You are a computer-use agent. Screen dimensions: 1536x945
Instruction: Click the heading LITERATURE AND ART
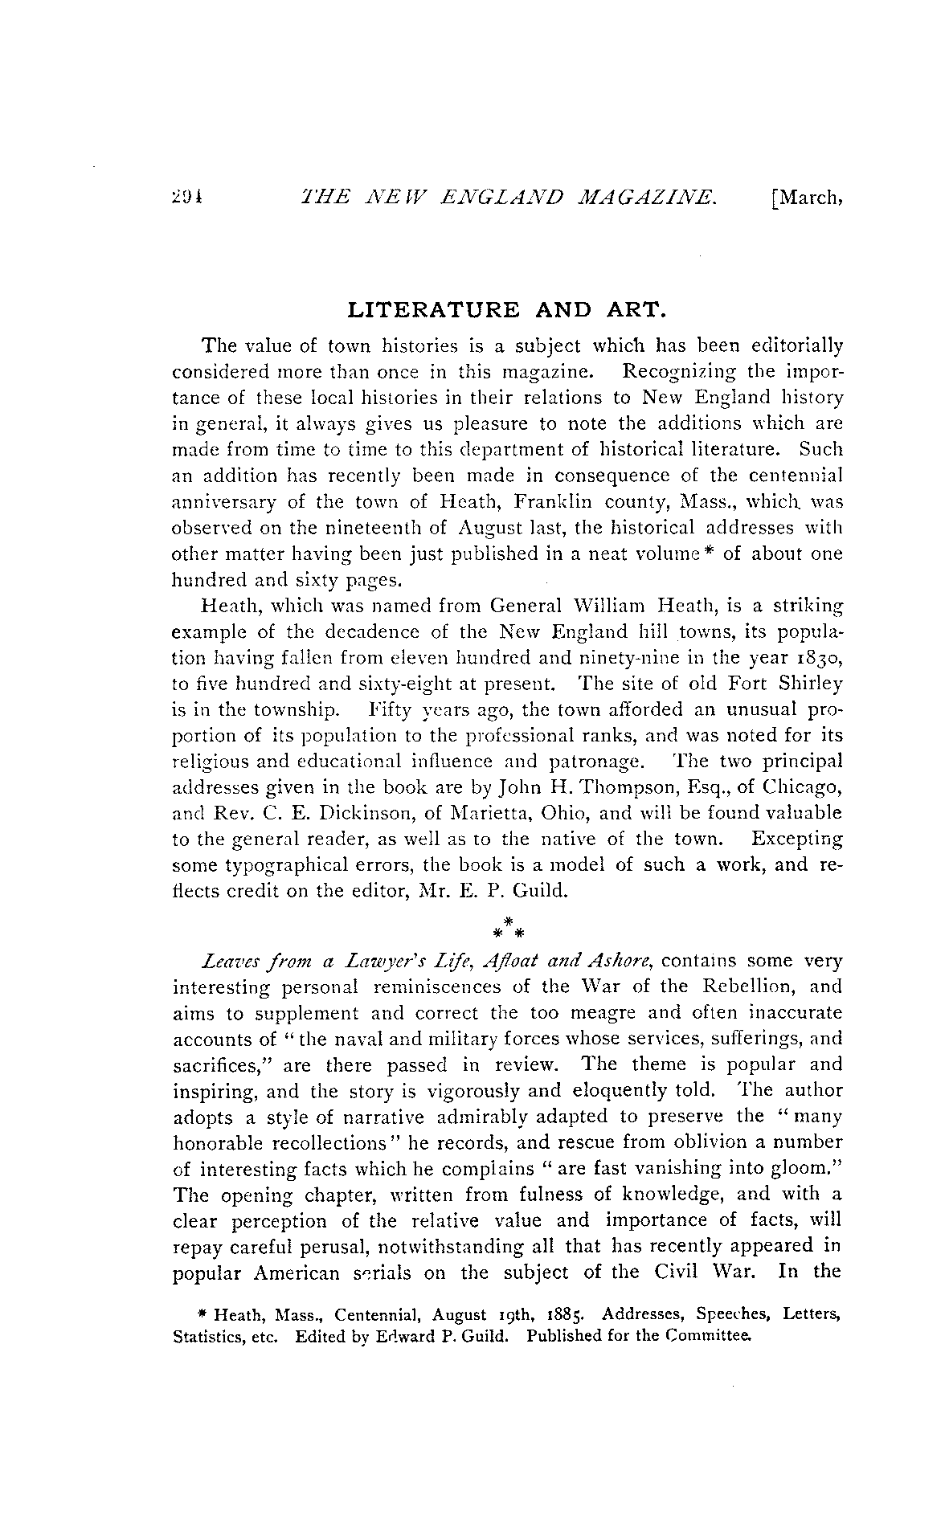pos(507,309)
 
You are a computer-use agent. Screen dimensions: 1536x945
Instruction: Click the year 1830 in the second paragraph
pos(819,658)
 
